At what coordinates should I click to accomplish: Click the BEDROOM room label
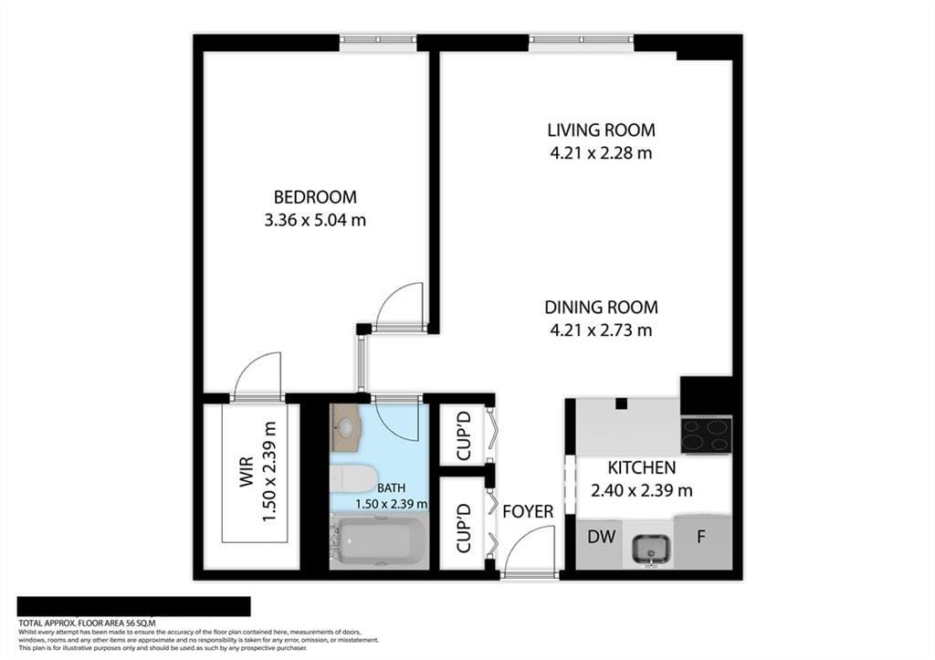pos(315,196)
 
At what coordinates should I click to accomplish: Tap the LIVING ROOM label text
pos(601,130)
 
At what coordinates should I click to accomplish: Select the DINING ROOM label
pos(601,308)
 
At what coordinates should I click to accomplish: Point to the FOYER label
pos(528,511)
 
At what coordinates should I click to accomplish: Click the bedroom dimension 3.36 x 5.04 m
pos(315,220)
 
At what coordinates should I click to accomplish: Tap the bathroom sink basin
pos(346,424)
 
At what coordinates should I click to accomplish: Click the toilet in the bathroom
pos(352,477)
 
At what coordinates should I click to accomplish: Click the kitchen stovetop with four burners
pos(706,435)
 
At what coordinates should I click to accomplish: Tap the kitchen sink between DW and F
pos(651,548)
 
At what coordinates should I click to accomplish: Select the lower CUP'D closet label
pos(463,528)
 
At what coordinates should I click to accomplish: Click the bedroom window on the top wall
pos(378,40)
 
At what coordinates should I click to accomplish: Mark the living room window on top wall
pos(581,40)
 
